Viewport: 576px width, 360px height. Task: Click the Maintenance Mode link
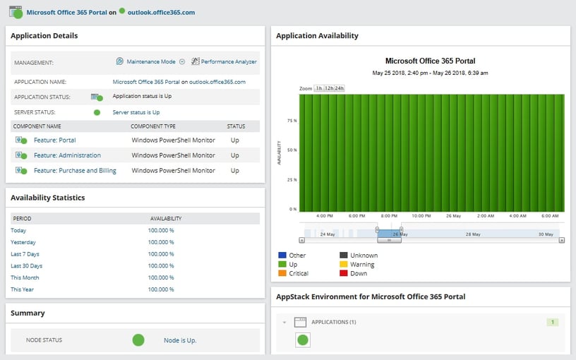point(150,62)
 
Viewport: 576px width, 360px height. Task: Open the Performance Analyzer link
point(229,62)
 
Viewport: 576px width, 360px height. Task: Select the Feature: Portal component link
point(54,140)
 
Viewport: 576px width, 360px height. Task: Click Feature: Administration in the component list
point(67,155)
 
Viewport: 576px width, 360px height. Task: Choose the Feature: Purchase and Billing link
point(75,171)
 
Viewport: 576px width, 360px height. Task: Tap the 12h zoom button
point(329,88)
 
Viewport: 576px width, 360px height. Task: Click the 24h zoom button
point(340,88)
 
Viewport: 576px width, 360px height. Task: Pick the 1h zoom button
point(319,88)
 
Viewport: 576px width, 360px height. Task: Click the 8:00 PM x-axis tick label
point(389,216)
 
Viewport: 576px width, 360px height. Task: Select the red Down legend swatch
point(344,273)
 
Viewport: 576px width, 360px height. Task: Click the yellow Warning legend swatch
point(344,265)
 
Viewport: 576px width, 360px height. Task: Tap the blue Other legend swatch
point(282,256)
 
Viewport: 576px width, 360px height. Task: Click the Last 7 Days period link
point(25,254)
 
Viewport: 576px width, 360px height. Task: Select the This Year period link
point(22,289)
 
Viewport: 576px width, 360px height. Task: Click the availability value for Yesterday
point(161,242)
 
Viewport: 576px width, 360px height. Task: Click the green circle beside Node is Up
point(138,340)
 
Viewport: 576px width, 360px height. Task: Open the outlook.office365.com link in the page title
point(161,12)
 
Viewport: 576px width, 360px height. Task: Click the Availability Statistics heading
point(48,198)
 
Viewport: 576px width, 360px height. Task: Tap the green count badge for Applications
point(553,323)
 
